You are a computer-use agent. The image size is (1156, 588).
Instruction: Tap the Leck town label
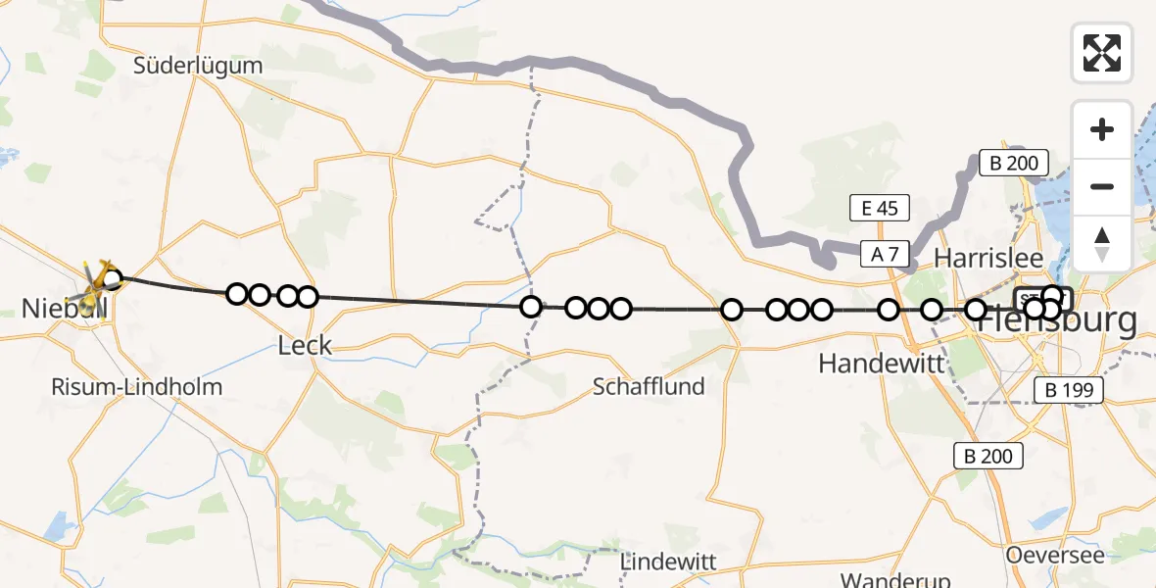point(305,345)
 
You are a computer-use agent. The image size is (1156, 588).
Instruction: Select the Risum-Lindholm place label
point(137,386)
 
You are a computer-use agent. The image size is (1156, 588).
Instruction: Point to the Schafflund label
point(649,386)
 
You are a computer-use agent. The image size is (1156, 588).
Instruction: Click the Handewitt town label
point(881,364)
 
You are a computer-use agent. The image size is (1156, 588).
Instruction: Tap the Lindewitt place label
point(669,563)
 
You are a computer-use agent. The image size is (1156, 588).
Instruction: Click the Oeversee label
point(1055,555)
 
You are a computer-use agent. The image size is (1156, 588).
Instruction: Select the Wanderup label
point(885,579)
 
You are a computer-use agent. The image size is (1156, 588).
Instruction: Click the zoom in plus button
point(1102,129)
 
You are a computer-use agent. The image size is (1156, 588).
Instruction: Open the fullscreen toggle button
point(1102,53)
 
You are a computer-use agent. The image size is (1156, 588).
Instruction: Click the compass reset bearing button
point(1102,243)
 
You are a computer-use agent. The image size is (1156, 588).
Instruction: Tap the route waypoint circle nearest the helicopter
point(113,279)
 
